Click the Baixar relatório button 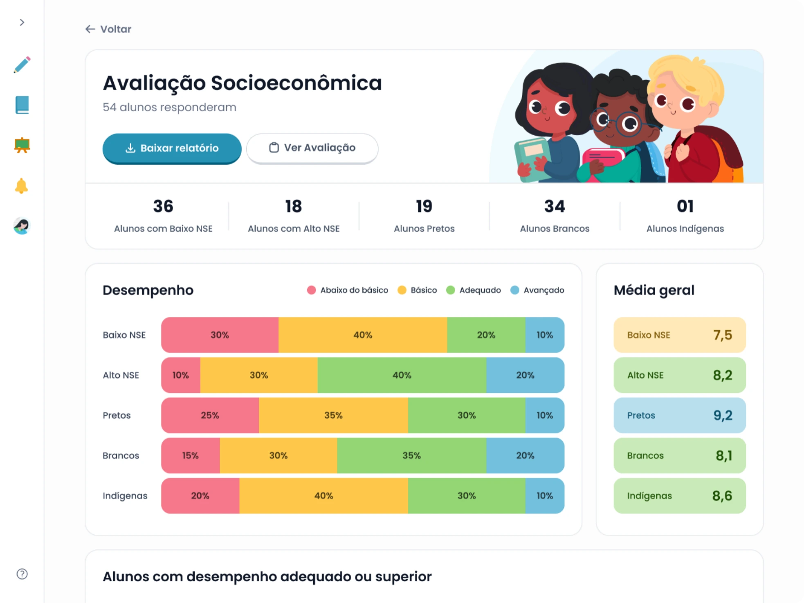(172, 148)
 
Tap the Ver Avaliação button (312, 148)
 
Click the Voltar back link (108, 29)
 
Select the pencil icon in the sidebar (22, 65)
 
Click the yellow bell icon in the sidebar (21, 186)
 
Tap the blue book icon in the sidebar (22, 105)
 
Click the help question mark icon (22, 574)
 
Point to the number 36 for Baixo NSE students (163, 206)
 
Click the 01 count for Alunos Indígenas (685, 206)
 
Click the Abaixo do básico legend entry (348, 290)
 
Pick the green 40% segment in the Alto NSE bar (402, 375)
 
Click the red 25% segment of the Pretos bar (210, 415)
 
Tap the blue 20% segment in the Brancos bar (525, 455)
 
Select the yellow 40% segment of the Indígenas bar (323, 496)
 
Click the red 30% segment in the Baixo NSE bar (220, 335)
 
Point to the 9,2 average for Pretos (723, 415)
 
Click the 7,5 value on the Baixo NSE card (723, 335)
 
